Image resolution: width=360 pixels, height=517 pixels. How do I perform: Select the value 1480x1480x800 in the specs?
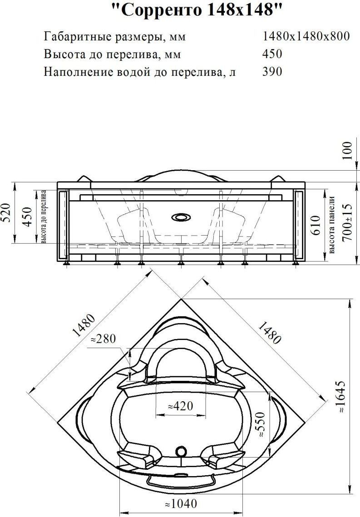click(306, 36)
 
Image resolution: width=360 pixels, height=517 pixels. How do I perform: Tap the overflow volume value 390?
click(272, 71)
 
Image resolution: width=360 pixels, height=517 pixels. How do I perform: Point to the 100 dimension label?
click(347, 150)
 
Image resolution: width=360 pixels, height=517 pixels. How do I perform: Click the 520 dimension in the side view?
click(7, 213)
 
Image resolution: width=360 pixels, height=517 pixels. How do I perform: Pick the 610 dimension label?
click(316, 225)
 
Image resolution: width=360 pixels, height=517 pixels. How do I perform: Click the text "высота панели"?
click(332, 225)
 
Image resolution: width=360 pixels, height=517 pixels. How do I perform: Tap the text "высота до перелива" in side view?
click(43, 217)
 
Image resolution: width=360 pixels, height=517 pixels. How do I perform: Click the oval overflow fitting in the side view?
click(180, 217)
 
